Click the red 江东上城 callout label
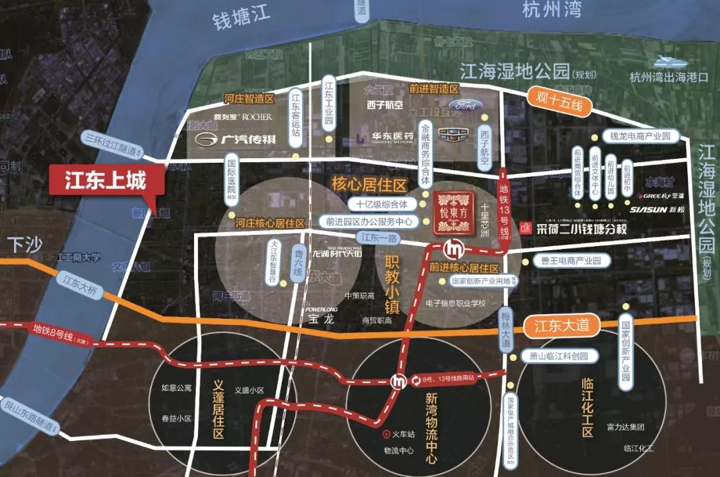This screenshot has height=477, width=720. point(105,181)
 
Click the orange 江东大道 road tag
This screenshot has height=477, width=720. point(562,326)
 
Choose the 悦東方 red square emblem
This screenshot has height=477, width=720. point(455,213)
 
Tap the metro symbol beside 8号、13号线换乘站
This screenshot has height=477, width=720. point(398,382)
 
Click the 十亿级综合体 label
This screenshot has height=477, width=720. point(386,203)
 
